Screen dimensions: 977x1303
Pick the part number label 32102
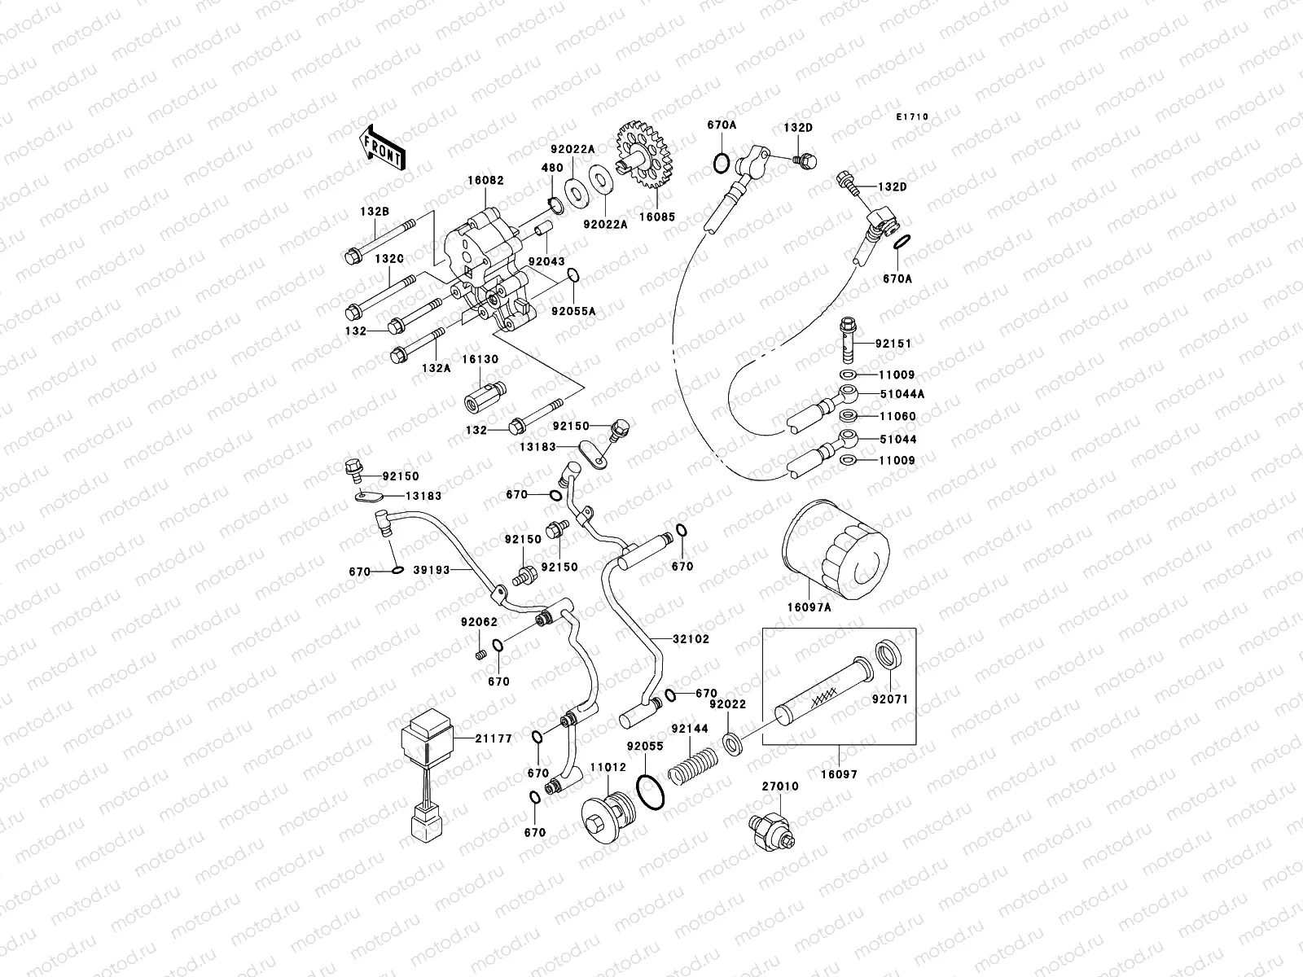(691, 639)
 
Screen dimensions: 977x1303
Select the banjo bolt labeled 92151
(849, 342)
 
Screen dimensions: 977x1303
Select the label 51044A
(896, 393)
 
